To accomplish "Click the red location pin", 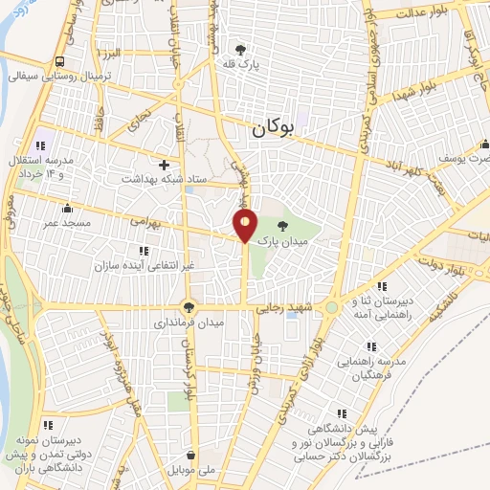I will [x=246, y=226].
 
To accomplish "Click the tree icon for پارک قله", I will [x=240, y=50].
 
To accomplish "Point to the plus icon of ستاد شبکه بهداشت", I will [x=164, y=165].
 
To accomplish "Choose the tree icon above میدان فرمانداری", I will [x=189, y=308].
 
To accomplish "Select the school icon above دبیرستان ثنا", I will [x=381, y=286].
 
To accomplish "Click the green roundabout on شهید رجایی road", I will [x=331, y=308].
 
